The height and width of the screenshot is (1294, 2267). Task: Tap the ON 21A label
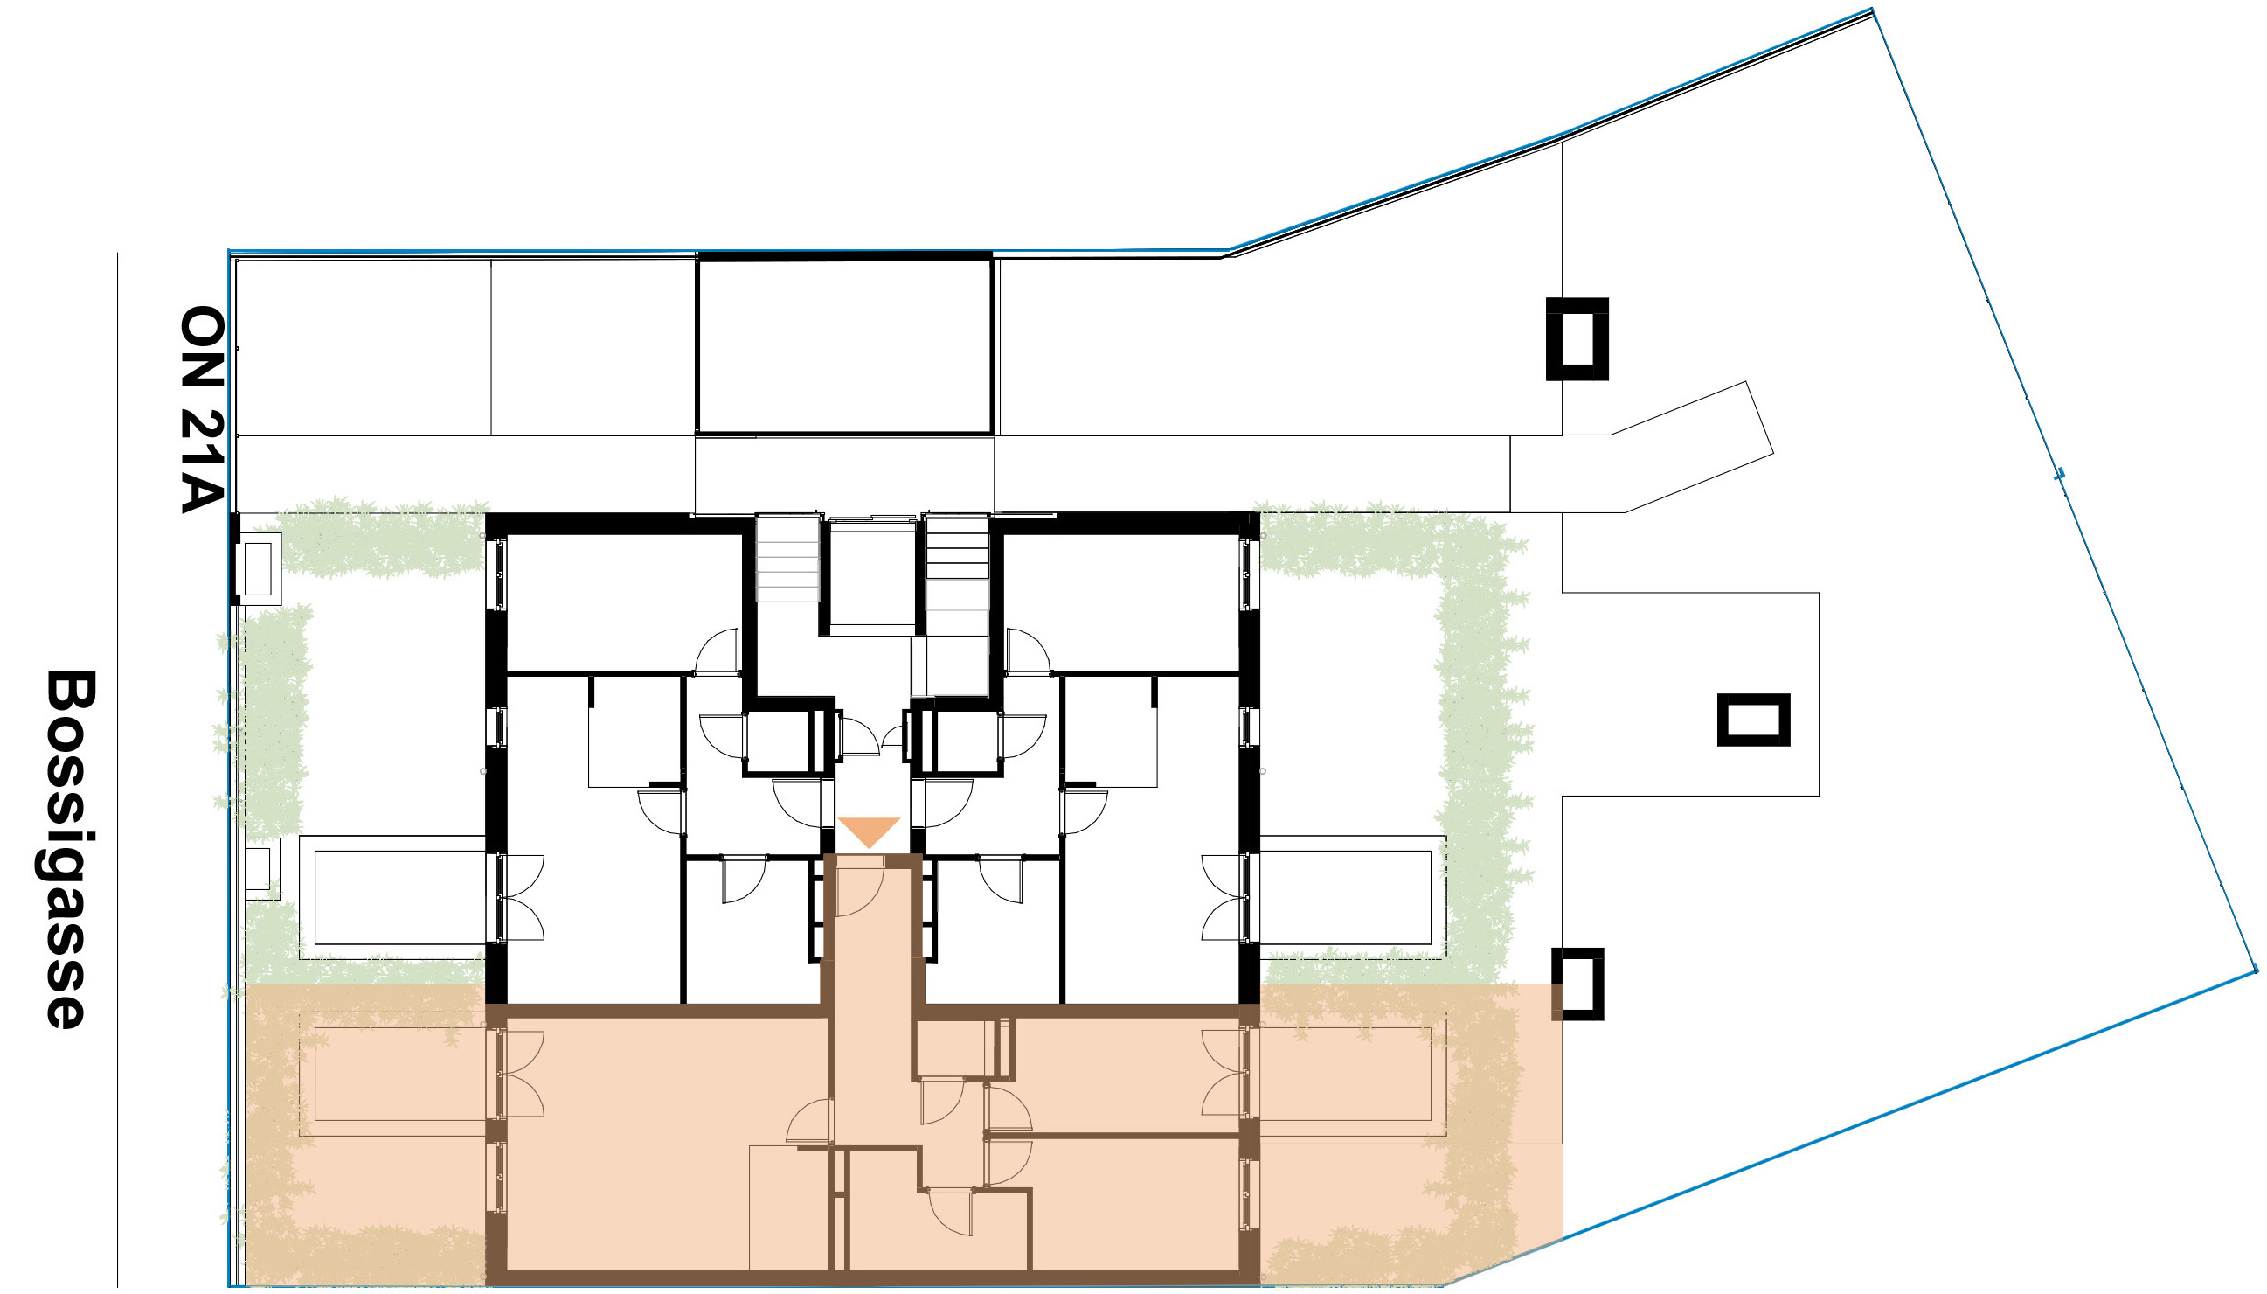202,410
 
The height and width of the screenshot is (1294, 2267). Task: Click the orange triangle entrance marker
869,831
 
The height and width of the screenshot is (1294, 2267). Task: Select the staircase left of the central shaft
787,559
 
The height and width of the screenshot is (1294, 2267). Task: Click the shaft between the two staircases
871,573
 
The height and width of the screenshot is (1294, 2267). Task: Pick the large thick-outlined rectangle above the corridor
844,345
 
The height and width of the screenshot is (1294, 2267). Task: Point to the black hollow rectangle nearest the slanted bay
1577,338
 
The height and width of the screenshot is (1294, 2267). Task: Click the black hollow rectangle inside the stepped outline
1752,719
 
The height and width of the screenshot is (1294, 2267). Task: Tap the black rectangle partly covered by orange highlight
1577,984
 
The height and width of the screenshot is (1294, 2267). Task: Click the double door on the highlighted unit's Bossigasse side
521,1074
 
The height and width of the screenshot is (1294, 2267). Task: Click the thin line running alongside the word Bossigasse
117,769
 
